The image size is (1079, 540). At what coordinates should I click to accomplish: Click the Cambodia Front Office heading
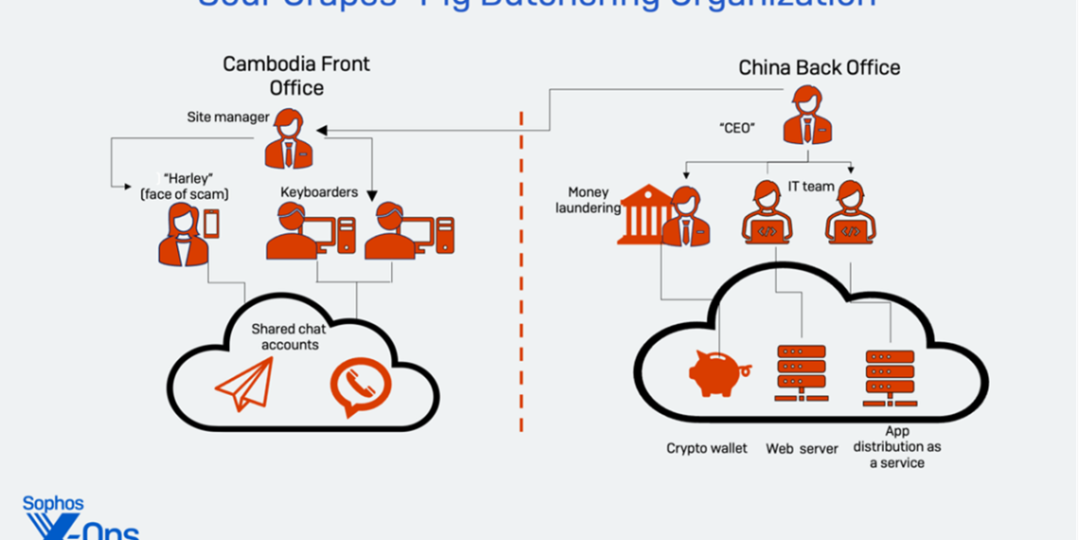(296, 76)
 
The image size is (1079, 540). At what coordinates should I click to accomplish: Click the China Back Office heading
(819, 67)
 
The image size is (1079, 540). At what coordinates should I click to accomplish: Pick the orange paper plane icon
(245, 384)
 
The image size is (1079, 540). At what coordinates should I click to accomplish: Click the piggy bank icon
(719, 372)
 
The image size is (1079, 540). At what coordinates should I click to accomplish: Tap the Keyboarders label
(319, 192)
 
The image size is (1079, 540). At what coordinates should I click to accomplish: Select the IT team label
(811, 187)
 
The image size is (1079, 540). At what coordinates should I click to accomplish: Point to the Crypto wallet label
(706, 448)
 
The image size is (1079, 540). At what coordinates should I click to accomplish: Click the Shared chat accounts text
(290, 337)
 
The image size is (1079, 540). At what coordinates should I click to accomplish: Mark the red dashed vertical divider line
(521, 275)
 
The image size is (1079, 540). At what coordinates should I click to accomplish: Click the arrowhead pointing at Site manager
(322, 130)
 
